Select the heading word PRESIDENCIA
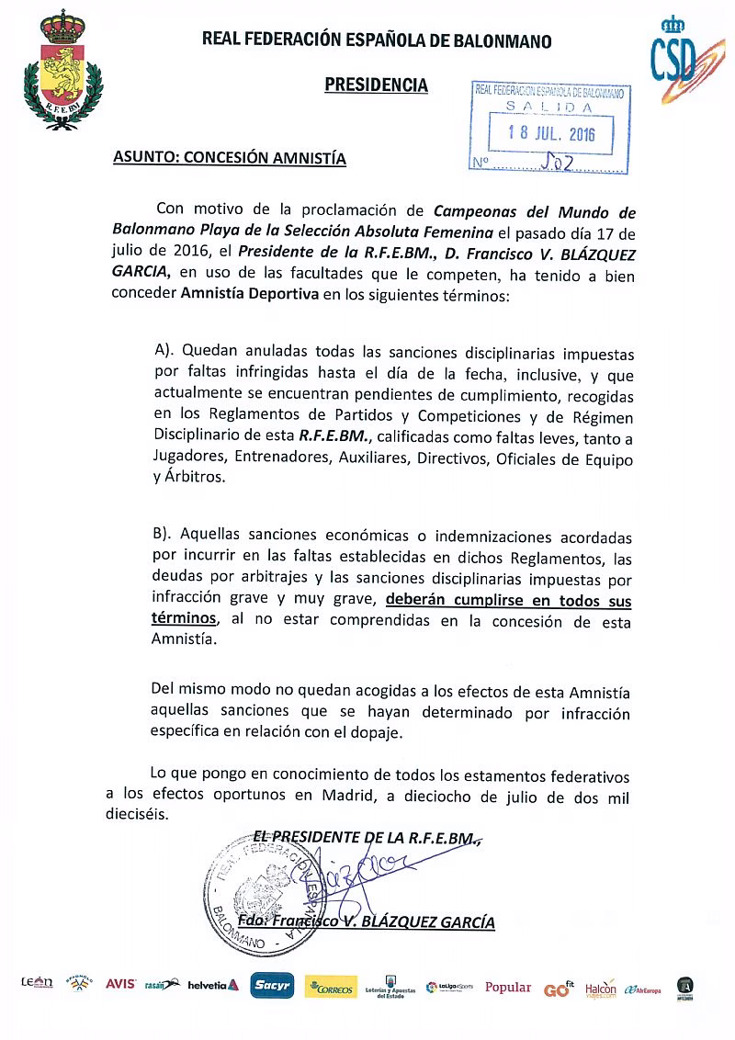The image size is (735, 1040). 376,85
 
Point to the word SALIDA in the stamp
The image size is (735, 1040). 549,107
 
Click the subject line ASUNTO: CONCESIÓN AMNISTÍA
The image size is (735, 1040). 229,158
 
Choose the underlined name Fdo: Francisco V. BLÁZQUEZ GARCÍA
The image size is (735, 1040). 366,921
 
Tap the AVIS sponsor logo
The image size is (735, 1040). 120,984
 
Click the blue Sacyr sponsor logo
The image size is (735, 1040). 273,985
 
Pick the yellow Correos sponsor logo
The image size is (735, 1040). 331,986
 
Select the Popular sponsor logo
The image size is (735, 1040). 508,987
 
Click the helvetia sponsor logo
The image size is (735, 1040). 213,985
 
